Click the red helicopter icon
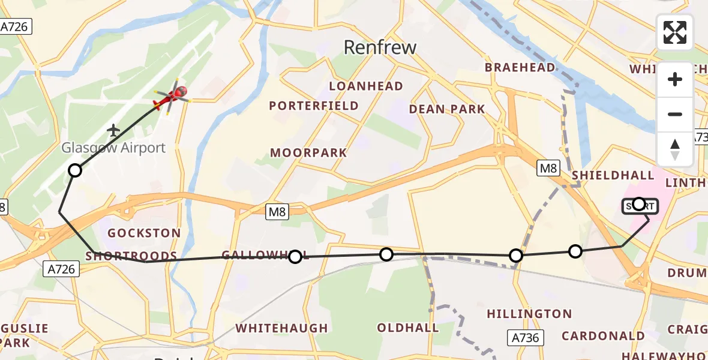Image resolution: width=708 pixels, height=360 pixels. coord(173,97)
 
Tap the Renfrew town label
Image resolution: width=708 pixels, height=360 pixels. coord(380,47)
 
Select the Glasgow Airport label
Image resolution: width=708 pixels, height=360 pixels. coord(114,148)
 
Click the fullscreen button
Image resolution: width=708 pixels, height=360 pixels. coord(675,32)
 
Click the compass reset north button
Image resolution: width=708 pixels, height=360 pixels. coord(675,149)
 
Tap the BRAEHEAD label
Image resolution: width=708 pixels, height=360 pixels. coord(520,68)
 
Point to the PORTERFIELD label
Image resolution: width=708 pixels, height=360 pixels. coord(314,106)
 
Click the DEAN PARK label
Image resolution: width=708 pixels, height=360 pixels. coord(447,109)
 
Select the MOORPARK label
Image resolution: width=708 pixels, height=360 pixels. coord(308,152)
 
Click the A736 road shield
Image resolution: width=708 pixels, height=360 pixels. coord(524,337)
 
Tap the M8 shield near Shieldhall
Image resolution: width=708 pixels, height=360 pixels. coord(548,169)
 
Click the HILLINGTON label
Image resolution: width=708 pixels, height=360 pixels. coord(529,314)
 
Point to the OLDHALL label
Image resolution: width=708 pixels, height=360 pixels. coord(408,328)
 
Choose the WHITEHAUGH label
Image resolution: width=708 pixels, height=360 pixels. coord(282,328)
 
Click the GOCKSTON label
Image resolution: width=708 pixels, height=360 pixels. coord(143,233)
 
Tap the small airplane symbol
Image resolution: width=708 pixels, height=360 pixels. coord(113,130)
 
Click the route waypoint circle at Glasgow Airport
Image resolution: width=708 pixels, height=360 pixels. coord(74,170)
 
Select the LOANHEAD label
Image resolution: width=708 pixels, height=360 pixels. coord(366,86)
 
